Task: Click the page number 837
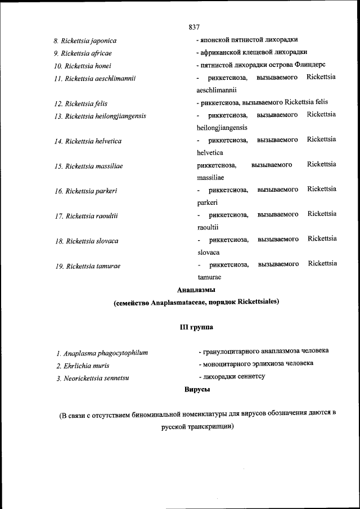[195, 27]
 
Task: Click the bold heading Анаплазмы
[196, 290]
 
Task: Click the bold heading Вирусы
[197, 389]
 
